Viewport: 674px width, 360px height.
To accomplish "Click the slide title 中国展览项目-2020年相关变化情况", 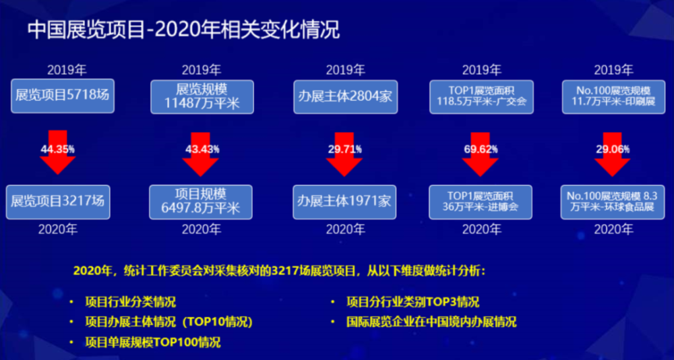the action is point(183,30).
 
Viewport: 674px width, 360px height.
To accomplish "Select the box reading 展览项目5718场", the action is point(63,96).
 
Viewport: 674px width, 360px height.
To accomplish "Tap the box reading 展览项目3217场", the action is point(58,202).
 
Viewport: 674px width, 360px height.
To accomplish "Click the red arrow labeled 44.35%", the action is point(57,152).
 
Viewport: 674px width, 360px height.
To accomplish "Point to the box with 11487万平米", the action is point(202,97).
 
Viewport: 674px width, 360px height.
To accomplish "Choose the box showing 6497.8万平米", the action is point(201,202).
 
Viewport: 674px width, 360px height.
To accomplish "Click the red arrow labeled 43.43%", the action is point(201,154).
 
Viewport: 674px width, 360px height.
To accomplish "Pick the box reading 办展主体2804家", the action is point(345,97).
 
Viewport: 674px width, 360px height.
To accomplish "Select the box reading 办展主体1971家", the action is point(344,202).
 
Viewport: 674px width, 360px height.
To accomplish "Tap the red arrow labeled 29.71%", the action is point(344,154).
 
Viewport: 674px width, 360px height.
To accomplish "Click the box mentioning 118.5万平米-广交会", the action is point(481,97).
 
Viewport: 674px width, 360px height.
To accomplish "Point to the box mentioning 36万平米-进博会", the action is point(481,202).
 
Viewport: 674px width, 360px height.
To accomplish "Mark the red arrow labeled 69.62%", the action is point(481,154).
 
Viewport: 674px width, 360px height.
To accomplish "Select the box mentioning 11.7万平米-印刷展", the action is point(613,97).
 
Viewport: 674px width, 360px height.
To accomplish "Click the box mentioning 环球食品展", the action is point(613,202).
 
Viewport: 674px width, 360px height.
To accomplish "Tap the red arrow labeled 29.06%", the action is point(613,154).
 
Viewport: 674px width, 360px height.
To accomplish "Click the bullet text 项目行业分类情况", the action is point(131,301).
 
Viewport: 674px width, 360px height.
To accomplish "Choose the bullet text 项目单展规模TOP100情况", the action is point(153,342).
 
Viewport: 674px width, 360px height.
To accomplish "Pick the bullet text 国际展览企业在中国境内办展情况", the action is point(431,322).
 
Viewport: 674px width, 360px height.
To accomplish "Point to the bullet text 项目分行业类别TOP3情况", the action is point(412,301).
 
